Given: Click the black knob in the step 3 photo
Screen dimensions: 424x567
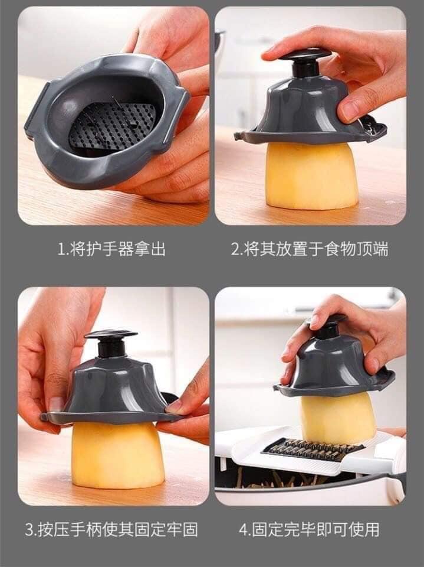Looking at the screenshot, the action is coord(111,343).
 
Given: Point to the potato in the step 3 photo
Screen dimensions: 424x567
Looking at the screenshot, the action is coord(118,455).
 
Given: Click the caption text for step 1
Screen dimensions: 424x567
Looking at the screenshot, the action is coord(111,249).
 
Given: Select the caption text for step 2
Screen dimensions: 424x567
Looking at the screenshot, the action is coord(310,249).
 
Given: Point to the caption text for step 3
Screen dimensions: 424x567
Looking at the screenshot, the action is coord(111,530).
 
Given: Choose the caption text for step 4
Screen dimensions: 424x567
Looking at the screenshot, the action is coord(310,530).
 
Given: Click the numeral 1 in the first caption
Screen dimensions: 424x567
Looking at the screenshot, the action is coord(61,250).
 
